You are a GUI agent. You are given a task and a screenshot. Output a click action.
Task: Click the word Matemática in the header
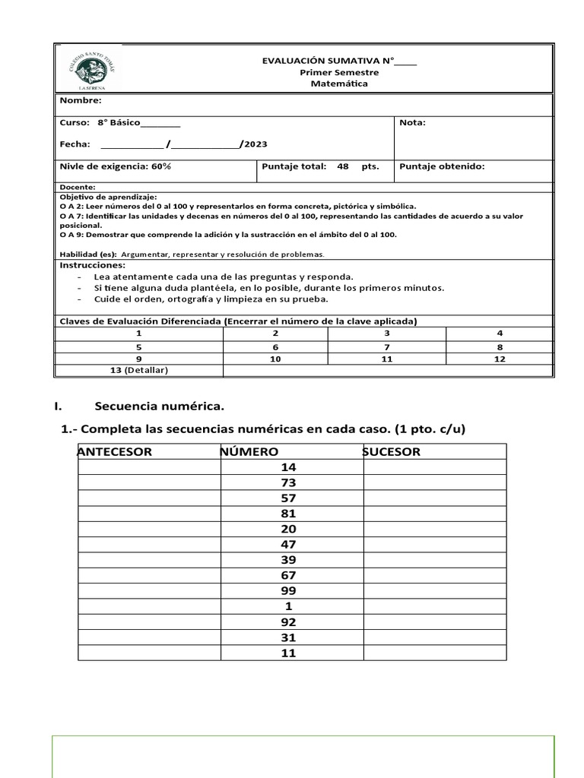pyautogui.click(x=338, y=84)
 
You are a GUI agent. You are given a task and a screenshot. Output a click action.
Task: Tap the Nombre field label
pyautogui.click(x=80, y=100)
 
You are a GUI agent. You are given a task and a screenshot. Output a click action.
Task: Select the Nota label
pyautogui.click(x=412, y=122)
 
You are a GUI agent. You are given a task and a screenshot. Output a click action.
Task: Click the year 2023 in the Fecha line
pyautogui.click(x=255, y=144)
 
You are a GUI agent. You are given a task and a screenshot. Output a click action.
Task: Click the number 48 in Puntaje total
pyautogui.click(x=343, y=166)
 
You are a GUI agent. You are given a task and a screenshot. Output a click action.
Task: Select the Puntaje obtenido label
pyautogui.click(x=441, y=166)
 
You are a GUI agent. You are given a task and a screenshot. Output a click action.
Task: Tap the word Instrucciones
pyautogui.click(x=91, y=265)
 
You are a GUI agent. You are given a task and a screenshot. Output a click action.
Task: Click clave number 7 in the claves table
pyautogui.click(x=386, y=346)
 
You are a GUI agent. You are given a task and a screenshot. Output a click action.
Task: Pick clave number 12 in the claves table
pyautogui.click(x=499, y=359)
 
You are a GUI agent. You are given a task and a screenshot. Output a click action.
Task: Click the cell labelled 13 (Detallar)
pyautogui.click(x=138, y=370)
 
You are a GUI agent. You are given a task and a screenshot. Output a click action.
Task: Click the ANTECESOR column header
pyautogui.click(x=115, y=452)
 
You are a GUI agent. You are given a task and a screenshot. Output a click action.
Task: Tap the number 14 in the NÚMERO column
pyautogui.click(x=288, y=467)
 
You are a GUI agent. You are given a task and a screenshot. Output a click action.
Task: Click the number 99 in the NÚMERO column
pyautogui.click(x=288, y=591)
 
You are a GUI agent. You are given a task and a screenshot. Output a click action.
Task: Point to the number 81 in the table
pyautogui.click(x=288, y=514)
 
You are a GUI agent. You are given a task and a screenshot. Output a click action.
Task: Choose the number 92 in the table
pyautogui.click(x=288, y=622)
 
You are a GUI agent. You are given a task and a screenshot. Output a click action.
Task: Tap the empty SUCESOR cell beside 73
pyautogui.click(x=434, y=482)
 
